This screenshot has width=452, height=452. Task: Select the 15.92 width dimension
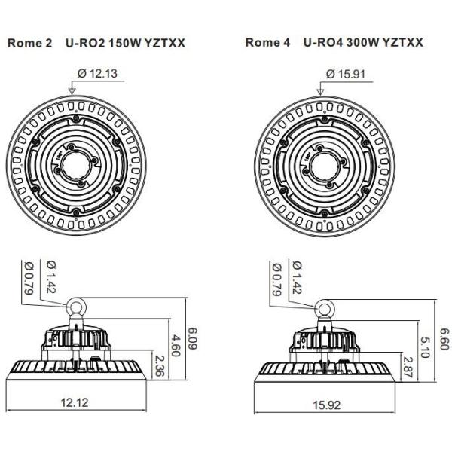tap(325, 405)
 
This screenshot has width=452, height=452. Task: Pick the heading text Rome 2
tap(29, 43)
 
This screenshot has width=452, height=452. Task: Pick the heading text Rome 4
tap(267, 43)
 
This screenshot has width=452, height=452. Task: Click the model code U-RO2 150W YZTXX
tap(125, 43)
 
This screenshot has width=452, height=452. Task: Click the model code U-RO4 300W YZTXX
tap(365, 43)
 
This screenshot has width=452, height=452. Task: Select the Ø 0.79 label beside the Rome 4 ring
tap(276, 276)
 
